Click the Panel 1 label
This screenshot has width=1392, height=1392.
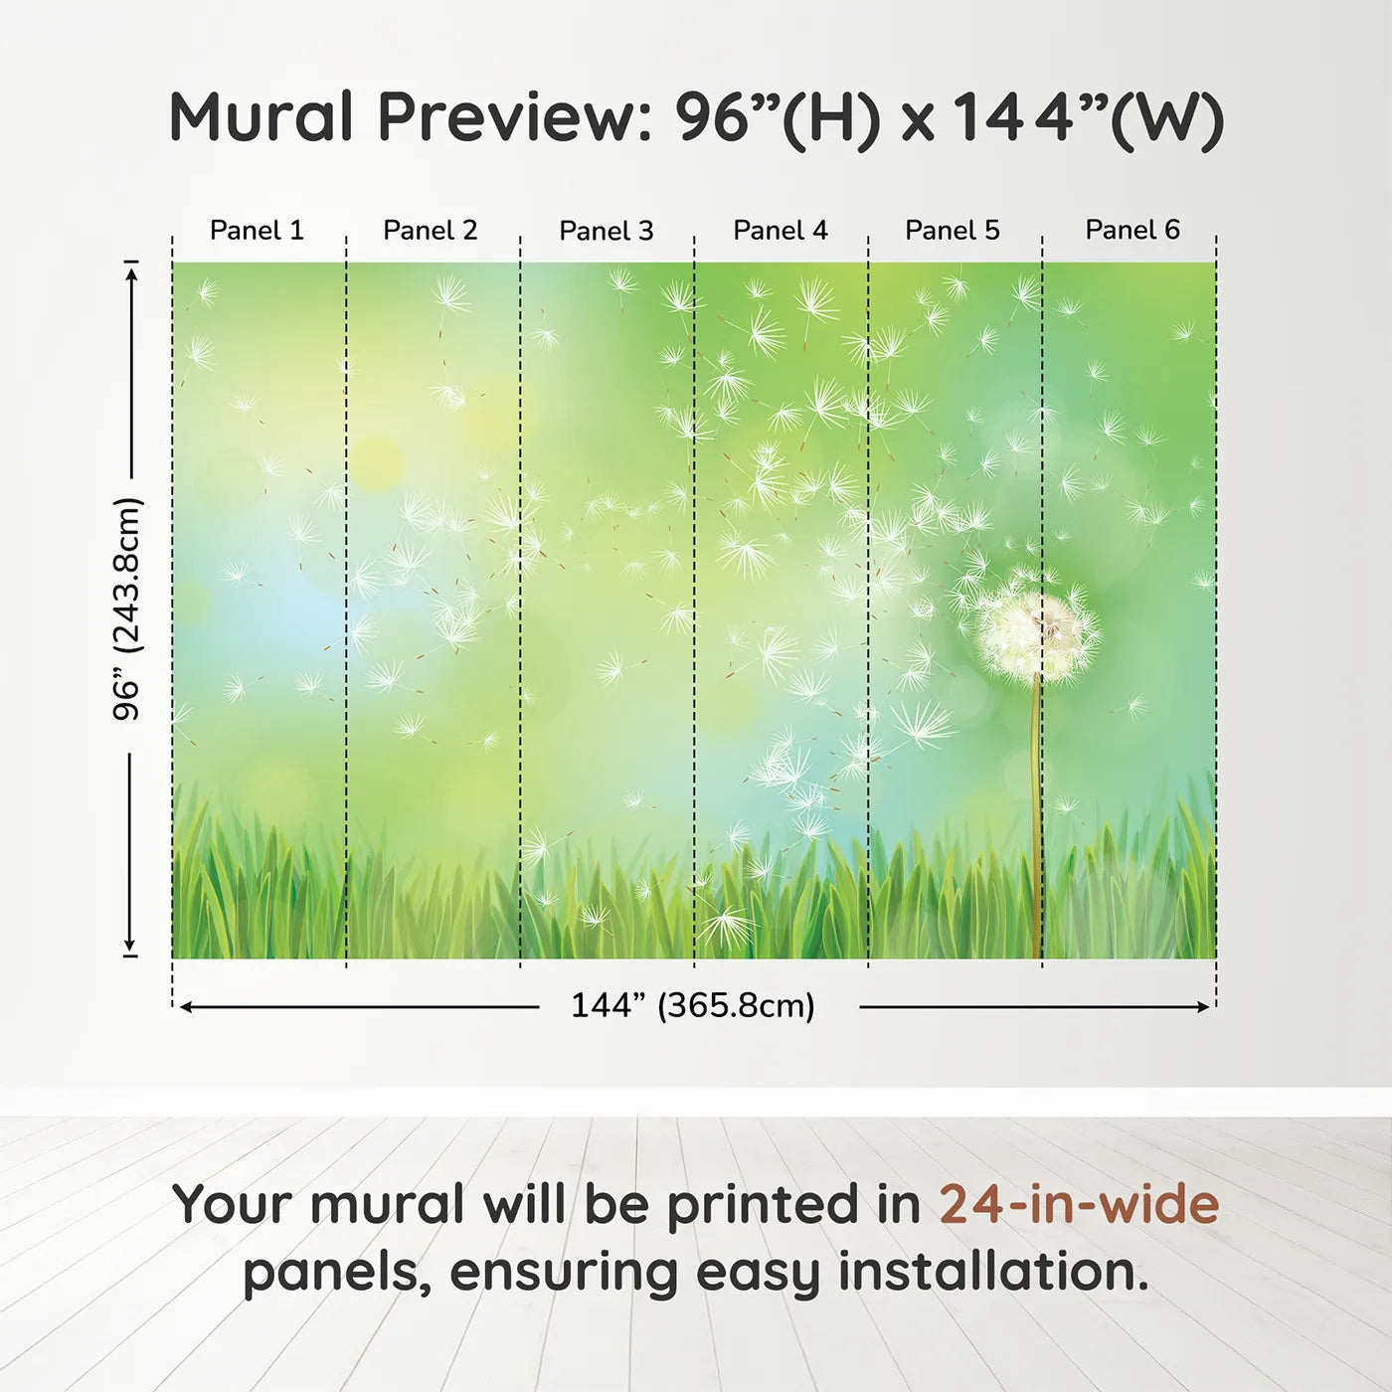(257, 231)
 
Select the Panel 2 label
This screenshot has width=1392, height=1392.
(431, 231)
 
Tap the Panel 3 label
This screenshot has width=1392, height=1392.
(607, 231)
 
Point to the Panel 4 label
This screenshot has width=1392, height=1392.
(781, 231)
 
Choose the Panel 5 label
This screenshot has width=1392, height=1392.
(953, 231)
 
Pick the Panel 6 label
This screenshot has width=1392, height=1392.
(1132, 231)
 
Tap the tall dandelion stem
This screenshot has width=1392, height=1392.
(1038, 815)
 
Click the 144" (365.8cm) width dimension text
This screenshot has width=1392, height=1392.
(693, 1006)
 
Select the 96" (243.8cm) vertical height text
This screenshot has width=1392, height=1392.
(128, 609)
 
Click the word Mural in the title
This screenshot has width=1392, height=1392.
(261, 117)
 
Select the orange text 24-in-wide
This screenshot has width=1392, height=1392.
(1079, 1205)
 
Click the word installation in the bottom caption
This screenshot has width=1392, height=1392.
(992, 1272)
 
